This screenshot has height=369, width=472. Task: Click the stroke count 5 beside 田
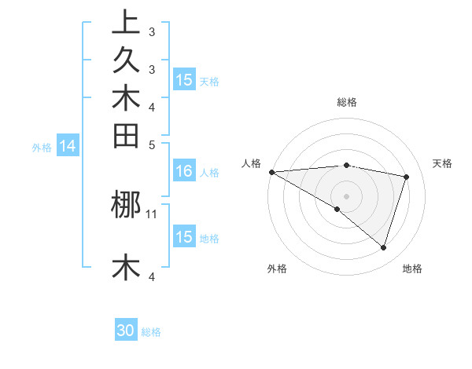coord(152,144)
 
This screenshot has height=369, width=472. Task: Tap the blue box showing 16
coord(184,171)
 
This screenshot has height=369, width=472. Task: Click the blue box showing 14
coord(68,145)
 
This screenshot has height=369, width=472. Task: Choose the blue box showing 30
coord(126,331)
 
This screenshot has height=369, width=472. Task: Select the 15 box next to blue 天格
coord(184,80)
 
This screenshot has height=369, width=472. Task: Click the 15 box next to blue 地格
coord(184,237)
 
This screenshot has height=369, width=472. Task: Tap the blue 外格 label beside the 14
coord(42,146)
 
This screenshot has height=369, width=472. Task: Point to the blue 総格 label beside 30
coord(151,332)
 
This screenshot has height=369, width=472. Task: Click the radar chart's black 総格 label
coord(346,102)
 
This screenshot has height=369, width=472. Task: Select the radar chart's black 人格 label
coord(251,163)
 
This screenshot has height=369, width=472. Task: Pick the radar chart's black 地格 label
coord(412,269)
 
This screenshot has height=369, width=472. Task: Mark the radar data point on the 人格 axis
coord(271,172)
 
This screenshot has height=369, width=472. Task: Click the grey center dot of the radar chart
coord(346,195)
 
